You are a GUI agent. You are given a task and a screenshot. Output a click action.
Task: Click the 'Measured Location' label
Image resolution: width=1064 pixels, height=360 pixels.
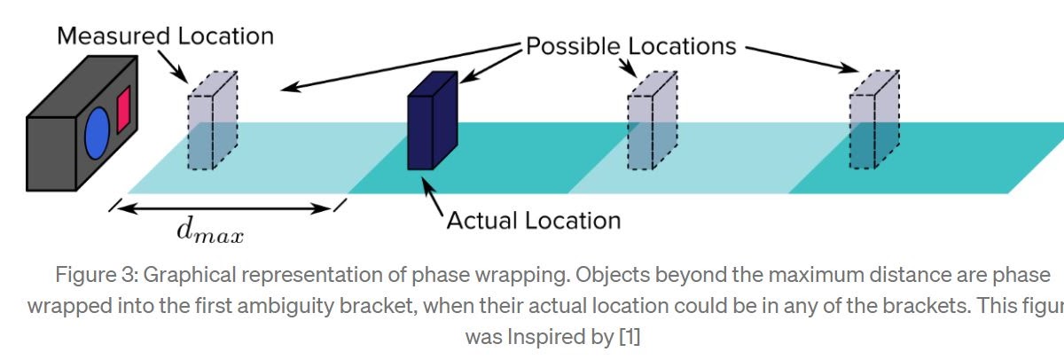click(166, 36)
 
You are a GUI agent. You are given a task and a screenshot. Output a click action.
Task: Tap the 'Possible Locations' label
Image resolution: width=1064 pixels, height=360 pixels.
click(631, 46)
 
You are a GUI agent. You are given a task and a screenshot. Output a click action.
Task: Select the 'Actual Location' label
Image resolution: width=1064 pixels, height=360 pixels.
click(533, 219)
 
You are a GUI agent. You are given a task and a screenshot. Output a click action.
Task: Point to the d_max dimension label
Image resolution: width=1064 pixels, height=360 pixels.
click(210, 232)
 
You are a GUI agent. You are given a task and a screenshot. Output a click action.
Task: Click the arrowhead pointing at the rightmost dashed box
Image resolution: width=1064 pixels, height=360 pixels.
click(852, 68)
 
